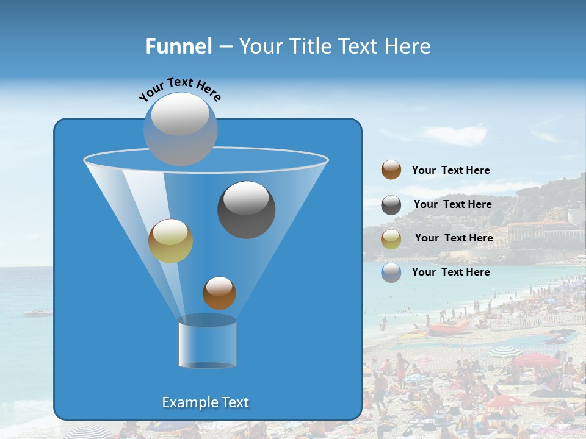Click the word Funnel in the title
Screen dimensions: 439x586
click(179, 46)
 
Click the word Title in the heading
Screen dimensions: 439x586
click(309, 46)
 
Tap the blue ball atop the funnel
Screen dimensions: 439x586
click(181, 129)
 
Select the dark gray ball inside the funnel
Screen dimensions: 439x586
click(246, 210)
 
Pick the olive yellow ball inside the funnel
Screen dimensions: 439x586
click(170, 241)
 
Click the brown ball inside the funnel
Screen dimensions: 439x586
click(219, 293)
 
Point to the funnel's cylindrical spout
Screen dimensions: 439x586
click(207, 343)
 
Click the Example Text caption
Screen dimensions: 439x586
click(206, 402)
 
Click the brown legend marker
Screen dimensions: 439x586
click(391, 170)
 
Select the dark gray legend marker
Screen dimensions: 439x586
click(391, 205)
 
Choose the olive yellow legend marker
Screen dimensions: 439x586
click(391, 239)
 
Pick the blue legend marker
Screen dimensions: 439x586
click(391, 273)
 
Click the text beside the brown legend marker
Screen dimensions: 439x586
click(450, 171)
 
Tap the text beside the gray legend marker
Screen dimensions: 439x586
click(452, 205)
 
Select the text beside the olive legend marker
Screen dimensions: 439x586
click(454, 238)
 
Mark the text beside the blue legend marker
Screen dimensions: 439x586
click(450, 272)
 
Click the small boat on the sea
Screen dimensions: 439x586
click(38, 313)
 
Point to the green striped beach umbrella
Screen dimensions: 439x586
click(505, 351)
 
